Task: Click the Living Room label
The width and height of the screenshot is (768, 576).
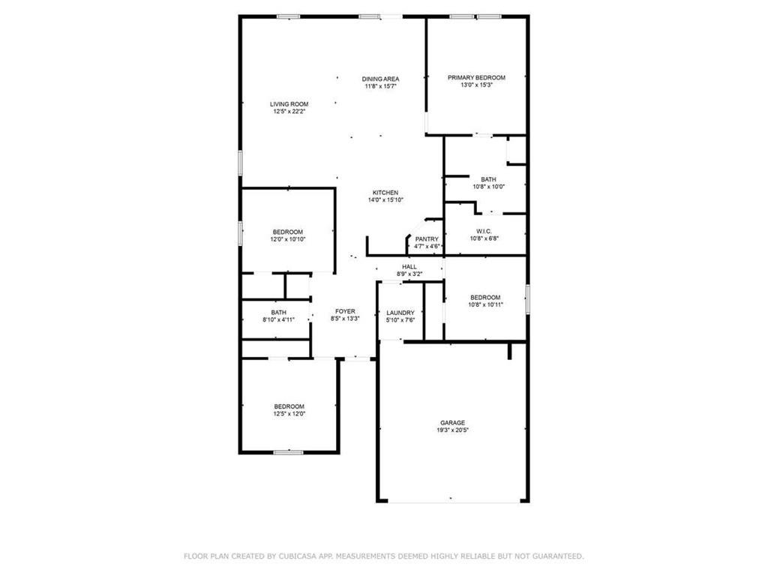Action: click(289, 103)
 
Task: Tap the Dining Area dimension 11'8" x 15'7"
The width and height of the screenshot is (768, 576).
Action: click(380, 86)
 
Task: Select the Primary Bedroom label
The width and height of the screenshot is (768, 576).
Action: click(476, 77)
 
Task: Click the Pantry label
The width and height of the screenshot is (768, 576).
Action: click(427, 239)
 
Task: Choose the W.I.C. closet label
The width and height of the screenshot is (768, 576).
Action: click(484, 230)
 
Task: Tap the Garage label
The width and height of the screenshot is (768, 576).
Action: click(453, 423)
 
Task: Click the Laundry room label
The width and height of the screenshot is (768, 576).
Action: click(400, 313)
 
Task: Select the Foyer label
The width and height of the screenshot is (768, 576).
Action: click(345, 310)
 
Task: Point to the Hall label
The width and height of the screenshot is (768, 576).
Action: click(409, 266)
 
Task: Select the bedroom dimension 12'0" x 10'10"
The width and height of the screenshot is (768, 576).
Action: click(288, 239)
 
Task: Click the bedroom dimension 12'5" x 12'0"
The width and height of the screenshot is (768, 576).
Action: click(289, 413)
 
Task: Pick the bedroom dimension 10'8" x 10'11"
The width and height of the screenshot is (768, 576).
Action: click(485, 305)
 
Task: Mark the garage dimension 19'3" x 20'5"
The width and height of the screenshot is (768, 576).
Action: click(453, 430)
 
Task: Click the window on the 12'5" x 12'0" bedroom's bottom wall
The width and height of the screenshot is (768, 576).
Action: click(288, 452)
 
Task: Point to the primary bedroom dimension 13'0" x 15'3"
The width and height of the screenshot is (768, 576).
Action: click(476, 85)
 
